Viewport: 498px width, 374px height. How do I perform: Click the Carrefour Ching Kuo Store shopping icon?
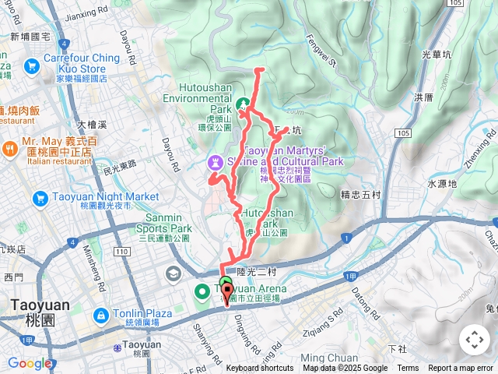point(32,67)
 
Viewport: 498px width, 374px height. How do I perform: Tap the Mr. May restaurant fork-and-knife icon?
point(9,148)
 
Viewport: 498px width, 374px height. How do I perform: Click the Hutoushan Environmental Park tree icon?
point(242,103)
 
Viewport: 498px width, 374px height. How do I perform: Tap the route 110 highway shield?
point(121,252)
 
